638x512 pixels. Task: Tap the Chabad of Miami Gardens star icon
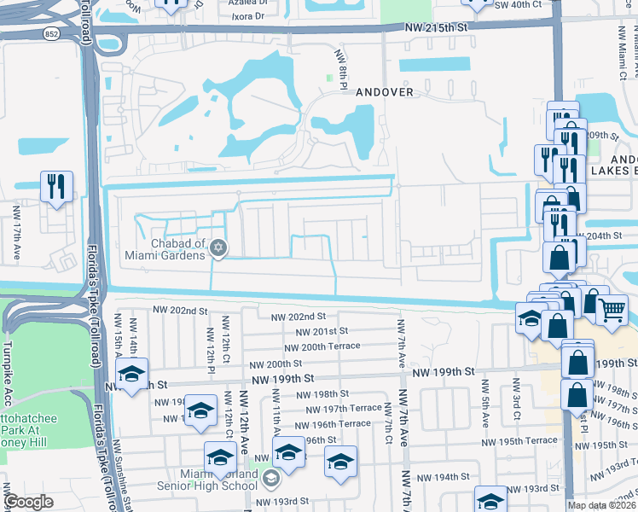[217, 247]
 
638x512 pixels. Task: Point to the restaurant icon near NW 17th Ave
[56, 185]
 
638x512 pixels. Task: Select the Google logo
[29, 502]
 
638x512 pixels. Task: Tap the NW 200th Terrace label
[322, 347]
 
